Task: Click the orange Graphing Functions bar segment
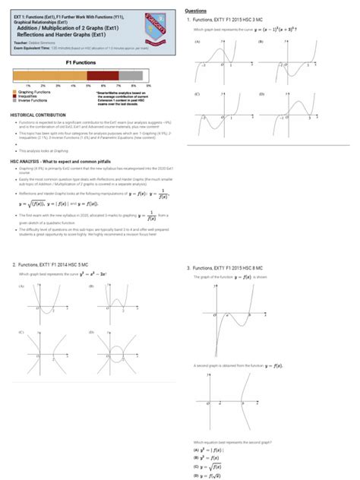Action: [x=50, y=76]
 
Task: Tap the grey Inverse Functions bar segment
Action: [x=132, y=76]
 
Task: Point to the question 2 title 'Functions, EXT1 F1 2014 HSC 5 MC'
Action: [x=63, y=264]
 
